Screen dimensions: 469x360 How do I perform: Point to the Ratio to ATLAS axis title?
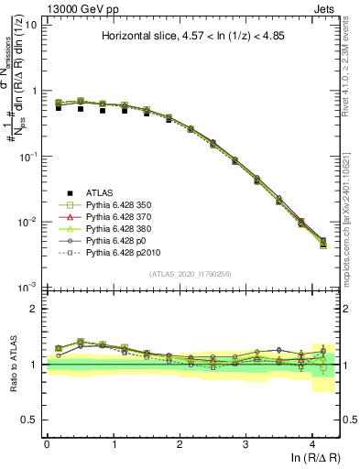pos(12,364)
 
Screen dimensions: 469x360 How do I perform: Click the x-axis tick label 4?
pos(312,443)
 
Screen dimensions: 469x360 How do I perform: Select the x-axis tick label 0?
pos(47,443)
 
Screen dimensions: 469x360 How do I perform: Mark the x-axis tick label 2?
pos(180,443)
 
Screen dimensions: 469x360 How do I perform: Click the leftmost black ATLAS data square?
pos(59,108)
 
